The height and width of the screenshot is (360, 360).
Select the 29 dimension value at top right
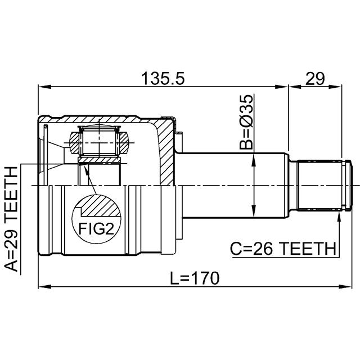coord(315,78)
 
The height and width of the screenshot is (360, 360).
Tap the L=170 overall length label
coord(190,277)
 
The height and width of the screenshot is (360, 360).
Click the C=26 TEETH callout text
coord(283,248)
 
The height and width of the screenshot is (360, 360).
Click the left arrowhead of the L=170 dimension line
coord(43,287)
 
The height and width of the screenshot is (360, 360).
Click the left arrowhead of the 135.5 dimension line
coord(43,87)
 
